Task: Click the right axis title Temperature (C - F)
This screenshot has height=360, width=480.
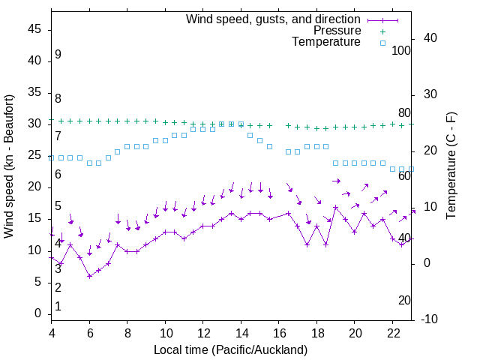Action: pos(451,166)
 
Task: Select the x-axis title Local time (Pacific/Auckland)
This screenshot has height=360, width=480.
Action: pos(231,349)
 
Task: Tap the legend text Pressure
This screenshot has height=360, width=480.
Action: pos(337,31)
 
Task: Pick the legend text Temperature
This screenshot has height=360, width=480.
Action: pos(326,42)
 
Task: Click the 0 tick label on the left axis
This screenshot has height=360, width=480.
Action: pos(38,313)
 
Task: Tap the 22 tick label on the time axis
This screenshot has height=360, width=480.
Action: pos(393,333)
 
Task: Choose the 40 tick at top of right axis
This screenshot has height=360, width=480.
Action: pos(430,37)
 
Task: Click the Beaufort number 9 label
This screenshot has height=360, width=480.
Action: pos(58,55)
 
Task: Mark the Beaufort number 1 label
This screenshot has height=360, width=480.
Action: pos(58,307)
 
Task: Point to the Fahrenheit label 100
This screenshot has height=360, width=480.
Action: pos(401,50)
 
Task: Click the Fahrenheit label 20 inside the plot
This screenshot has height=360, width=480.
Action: pos(404,301)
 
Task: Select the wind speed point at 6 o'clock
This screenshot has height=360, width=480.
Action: pos(90,276)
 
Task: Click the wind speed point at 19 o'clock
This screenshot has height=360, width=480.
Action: pos(336,207)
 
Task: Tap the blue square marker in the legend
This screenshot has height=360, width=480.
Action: pos(382,43)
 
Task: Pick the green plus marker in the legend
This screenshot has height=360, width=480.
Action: pos(382,31)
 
